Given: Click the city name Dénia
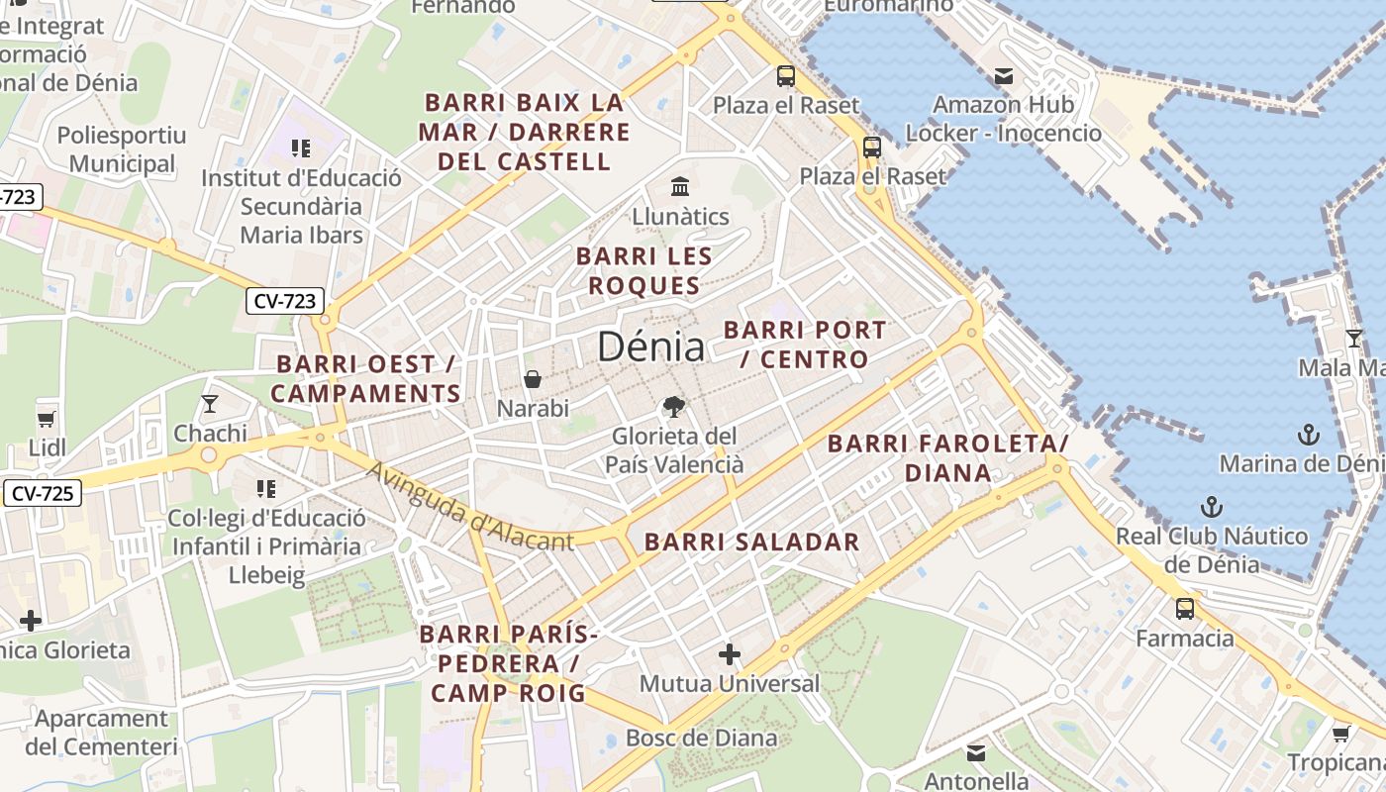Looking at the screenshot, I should [x=650, y=346].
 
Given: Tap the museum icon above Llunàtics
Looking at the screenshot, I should [x=680, y=186].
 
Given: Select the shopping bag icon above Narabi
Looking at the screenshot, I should [x=533, y=379].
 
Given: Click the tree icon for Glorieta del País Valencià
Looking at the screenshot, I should [x=674, y=406].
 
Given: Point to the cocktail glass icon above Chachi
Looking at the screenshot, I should [x=210, y=403].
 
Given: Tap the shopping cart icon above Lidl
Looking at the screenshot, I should [x=47, y=418].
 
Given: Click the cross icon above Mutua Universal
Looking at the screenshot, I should [x=730, y=654].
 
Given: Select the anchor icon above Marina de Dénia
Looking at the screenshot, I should [x=1309, y=435].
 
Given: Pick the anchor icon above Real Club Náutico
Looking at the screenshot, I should [x=1211, y=507].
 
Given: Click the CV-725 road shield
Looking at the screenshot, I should [x=42, y=492].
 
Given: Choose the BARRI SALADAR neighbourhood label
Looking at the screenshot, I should [x=752, y=542].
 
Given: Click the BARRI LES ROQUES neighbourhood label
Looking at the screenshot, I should [x=643, y=270].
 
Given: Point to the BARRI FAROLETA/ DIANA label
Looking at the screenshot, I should [x=947, y=457].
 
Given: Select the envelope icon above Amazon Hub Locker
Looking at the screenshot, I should [x=1004, y=76].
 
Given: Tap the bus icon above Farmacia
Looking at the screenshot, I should [x=1184, y=609].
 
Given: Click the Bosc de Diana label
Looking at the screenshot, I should [x=701, y=738].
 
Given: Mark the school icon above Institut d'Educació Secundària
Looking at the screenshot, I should [x=301, y=148].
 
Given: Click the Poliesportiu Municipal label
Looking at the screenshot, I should [x=122, y=149].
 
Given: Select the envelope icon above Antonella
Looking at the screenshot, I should [x=976, y=752].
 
